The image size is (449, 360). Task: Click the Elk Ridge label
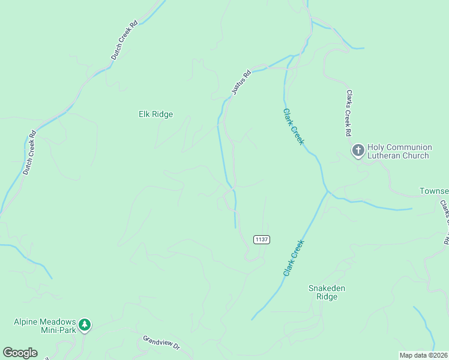click(156, 114)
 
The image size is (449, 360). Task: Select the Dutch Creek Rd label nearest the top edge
click(124, 40)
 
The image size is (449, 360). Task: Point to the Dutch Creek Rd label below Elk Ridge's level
click(30, 154)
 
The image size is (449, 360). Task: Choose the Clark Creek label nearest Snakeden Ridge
click(294, 258)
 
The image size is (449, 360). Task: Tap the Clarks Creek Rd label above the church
click(348, 113)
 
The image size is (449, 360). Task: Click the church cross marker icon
click(358, 151)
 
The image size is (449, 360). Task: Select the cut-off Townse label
click(433, 192)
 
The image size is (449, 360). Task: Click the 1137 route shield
click(262, 239)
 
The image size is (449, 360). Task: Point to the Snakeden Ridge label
click(327, 292)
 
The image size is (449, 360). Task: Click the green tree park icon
click(85, 325)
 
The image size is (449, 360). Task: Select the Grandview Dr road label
click(161, 342)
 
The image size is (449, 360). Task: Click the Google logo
click(20, 353)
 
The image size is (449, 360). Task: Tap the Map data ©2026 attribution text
click(423, 355)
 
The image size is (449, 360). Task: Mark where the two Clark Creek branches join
click(327, 192)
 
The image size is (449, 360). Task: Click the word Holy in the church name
click(377, 147)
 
